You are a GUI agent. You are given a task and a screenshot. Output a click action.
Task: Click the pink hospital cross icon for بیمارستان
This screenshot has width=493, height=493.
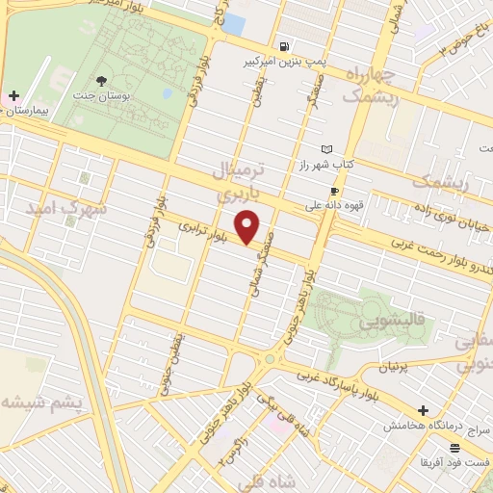pyautogui.click(x=13, y=96)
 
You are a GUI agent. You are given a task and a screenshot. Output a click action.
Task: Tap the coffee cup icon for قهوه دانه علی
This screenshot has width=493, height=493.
pyautogui.click(x=334, y=191)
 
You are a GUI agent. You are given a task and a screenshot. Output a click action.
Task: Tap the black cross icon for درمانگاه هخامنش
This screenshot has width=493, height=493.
pyautogui.click(x=423, y=410)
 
